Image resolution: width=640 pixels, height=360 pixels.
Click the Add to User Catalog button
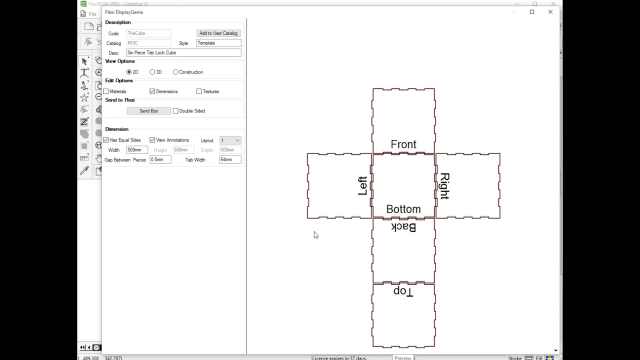[218, 33]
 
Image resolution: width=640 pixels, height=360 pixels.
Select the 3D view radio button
[152, 72]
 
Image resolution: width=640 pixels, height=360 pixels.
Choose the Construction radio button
[175, 72]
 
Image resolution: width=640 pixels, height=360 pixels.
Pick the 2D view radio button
[129, 72]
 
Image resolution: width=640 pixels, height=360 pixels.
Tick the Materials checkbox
[106, 91]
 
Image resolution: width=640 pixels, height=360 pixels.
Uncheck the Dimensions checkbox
[152, 91]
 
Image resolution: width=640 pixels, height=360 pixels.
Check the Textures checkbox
[199, 91]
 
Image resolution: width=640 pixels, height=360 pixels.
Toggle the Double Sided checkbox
[175, 111]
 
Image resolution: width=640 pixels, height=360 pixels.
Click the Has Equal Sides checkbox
[106, 140]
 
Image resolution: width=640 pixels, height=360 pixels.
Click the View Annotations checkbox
[152, 140]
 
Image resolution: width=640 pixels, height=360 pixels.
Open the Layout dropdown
[230, 140]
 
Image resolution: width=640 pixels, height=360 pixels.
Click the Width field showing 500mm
[136, 150]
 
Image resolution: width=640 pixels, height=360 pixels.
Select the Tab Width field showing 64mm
[230, 159]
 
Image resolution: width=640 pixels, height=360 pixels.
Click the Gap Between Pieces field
[160, 159]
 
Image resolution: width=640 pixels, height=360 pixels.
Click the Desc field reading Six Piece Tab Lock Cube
[183, 52]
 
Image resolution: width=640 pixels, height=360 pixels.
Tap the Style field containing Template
[218, 43]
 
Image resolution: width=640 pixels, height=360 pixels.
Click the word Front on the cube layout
[403, 144]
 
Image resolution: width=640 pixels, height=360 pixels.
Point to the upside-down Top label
[403, 291]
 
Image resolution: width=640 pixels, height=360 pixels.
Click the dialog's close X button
[550, 12]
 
